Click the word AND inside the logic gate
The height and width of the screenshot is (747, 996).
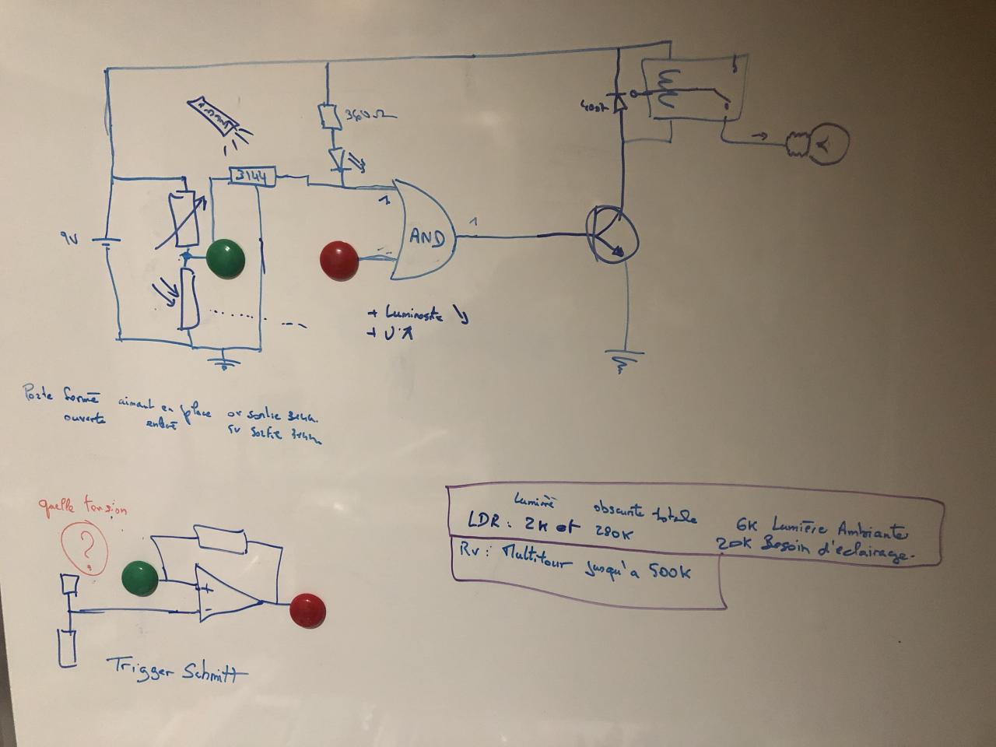(x=427, y=237)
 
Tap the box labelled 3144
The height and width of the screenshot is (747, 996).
(x=252, y=177)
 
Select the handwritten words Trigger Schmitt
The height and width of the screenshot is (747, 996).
(x=172, y=669)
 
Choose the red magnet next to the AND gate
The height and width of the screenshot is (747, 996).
(x=339, y=261)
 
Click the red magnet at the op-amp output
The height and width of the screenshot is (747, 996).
(x=307, y=611)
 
